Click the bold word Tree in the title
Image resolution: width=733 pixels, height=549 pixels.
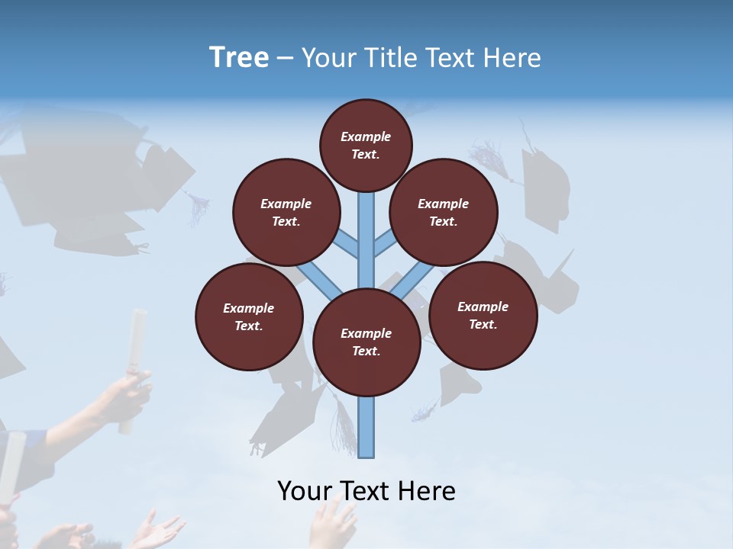point(239,57)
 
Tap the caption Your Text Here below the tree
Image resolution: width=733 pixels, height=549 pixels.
point(366,491)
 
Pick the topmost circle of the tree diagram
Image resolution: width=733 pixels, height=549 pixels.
point(366,145)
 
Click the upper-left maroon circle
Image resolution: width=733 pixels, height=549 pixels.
point(286,212)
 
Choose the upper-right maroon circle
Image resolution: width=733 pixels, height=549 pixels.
point(444,213)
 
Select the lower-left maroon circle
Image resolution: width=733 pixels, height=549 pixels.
point(249,316)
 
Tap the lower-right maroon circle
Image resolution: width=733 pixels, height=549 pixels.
point(483,315)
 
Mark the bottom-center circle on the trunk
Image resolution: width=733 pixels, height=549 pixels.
point(366,342)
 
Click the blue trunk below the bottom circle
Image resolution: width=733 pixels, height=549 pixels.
point(366,427)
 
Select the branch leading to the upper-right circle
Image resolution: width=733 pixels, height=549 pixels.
point(385,245)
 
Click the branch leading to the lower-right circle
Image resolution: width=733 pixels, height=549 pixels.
point(413,281)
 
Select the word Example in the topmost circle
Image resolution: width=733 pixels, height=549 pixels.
point(366,136)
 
